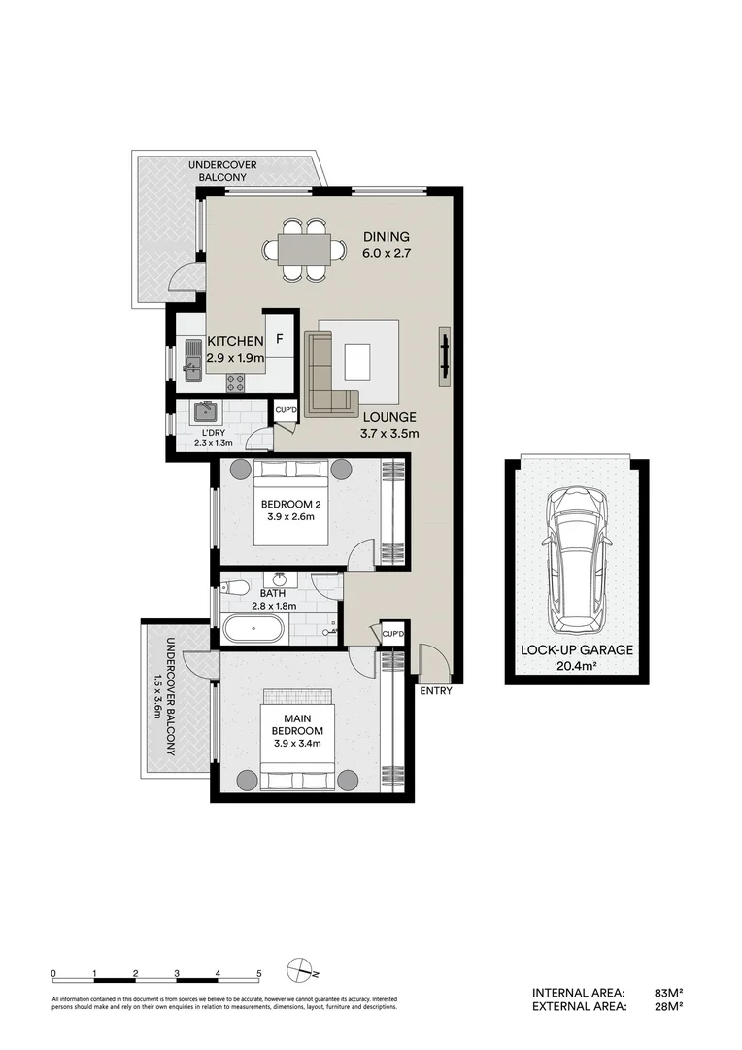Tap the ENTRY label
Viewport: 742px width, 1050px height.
click(x=435, y=691)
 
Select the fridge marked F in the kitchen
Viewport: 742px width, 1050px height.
click(x=280, y=340)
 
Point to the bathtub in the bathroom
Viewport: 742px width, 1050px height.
click(x=254, y=629)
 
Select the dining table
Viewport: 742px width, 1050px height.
click(x=304, y=250)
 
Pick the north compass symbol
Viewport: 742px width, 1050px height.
click(x=300, y=971)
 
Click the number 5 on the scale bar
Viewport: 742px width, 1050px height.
click(x=259, y=973)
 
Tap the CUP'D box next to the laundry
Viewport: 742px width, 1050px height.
click(x=286, y=411)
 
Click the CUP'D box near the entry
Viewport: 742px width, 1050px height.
click(x=392, y=634)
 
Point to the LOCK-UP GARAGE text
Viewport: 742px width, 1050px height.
click(x=576, y=650)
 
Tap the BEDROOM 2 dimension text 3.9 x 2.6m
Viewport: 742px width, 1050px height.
click(x=287, y=517)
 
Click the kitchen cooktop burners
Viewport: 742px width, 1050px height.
click(x=235, y=382)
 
